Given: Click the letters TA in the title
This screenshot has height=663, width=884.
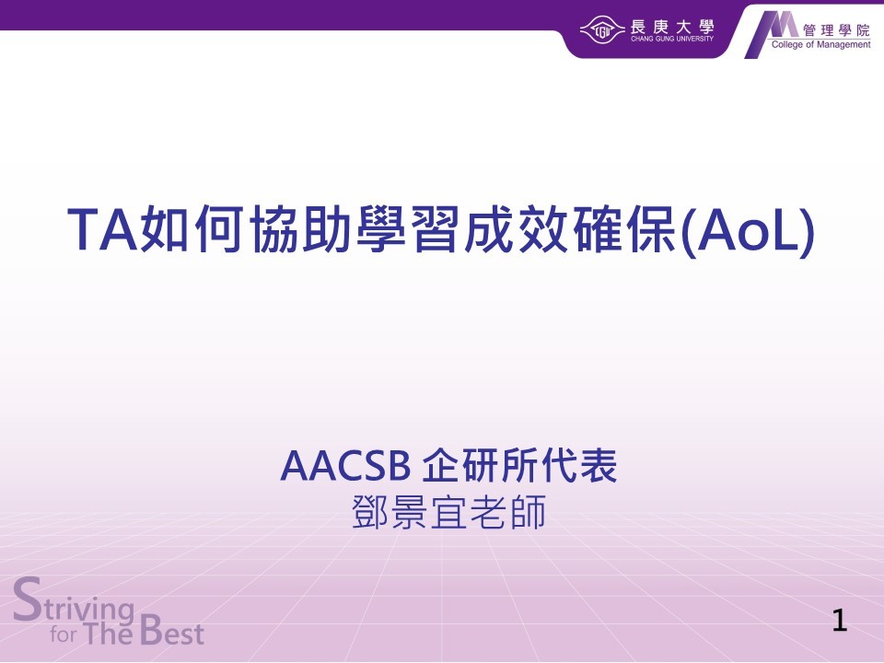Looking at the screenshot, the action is (103, 229).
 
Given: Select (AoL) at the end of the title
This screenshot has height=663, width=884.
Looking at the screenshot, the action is (748, 231).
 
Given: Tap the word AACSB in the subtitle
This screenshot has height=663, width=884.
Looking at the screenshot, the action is (345, 466).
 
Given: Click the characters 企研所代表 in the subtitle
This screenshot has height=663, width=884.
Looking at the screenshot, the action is (519, 466).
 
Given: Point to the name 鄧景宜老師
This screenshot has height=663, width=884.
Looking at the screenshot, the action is (448, 513).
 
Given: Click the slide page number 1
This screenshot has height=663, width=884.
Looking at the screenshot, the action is (840, 620).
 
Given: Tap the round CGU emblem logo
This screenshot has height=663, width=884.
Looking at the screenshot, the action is (602, 29).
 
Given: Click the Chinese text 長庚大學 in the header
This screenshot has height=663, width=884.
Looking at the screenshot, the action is (672, 26).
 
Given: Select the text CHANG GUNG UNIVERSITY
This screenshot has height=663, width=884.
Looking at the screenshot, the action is (672, 39).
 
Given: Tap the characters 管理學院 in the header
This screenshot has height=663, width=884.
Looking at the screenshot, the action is (837, 30).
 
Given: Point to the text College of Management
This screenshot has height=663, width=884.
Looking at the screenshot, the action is (820, 44).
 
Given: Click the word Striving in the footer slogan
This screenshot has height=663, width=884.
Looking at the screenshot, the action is (74, 602).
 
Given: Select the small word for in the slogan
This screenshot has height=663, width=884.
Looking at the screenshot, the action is (64, 634).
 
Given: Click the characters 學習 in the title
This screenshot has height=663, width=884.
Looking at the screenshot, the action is (406, 229).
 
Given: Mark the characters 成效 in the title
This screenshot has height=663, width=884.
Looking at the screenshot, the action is (516, 229).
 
